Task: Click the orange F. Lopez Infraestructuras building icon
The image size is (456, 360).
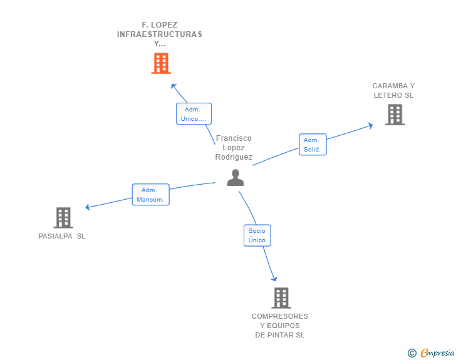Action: [x=161, y=63]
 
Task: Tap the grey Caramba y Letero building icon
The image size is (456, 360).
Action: [x=395, y=115]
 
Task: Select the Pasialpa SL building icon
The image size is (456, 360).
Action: [x=63, y=217]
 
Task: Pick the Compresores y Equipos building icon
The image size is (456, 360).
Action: [x=281, y=298]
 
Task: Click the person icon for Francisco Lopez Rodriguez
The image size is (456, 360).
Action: [x=235, y=178]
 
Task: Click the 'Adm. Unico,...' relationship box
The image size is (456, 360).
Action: [x=194, y=114]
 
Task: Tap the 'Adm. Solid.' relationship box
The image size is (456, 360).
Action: [x=312, y=145]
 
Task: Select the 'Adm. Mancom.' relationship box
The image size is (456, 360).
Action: [x=150, y=195]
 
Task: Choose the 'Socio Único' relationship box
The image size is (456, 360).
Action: [x=257, y=235]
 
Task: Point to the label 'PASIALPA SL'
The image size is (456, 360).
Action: [x=62, y=236]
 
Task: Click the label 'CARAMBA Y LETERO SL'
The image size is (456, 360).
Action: [x=393, y=91]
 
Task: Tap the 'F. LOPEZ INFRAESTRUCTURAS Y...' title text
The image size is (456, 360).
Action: [x=160, y=34]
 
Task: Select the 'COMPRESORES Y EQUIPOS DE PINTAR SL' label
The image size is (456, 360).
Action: [x=280, y=326]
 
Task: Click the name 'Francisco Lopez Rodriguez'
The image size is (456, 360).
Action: [x=234, y=148]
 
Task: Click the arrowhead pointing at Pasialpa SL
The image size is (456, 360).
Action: [x=88, y=207]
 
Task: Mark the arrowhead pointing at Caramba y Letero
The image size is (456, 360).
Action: [x=370, y=125]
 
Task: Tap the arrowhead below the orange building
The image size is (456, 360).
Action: [x=174, y=85]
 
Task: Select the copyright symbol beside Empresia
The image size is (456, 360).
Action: [x=412, y=353]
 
